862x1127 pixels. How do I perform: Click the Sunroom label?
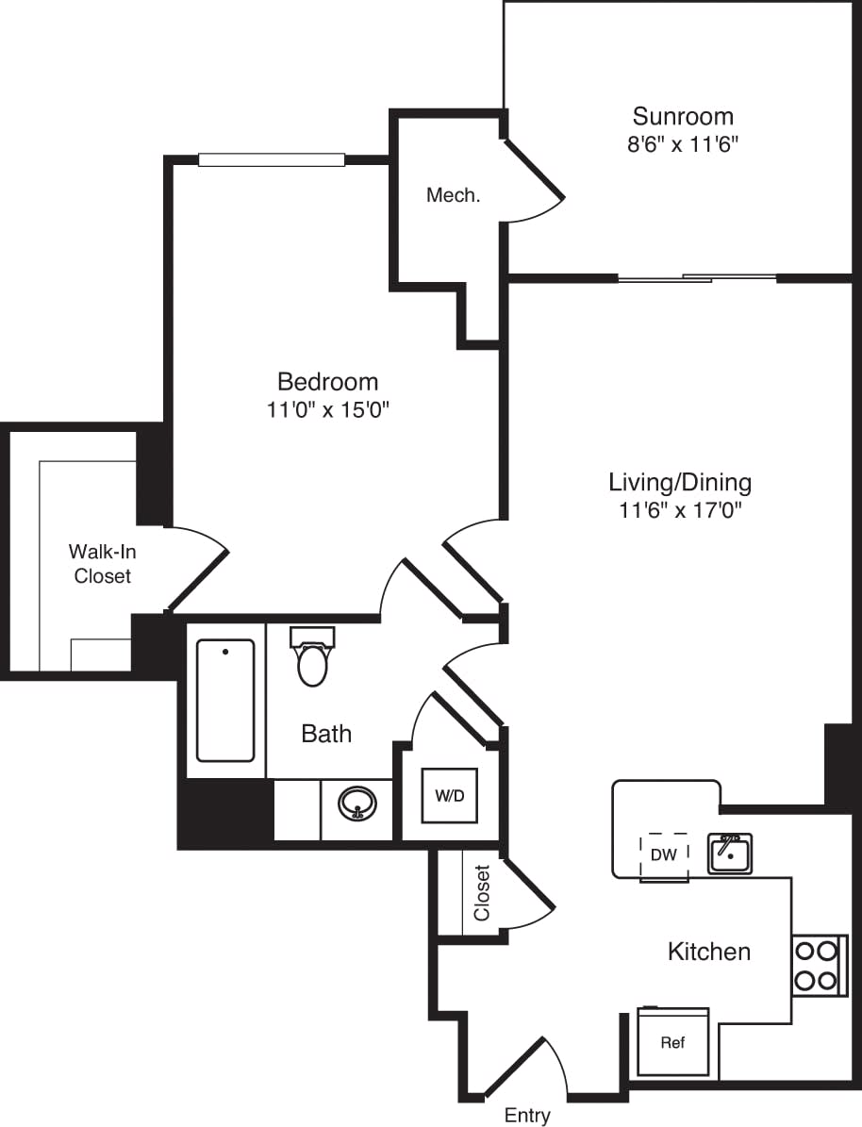click(x=683, y=117)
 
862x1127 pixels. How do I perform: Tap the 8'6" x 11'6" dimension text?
click(x=683, y=145)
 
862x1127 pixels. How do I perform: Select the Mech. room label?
click(x=454, y=196)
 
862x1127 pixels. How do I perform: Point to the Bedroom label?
click(x=327, y=382)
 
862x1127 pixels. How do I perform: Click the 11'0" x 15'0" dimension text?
click(x=327, y=410)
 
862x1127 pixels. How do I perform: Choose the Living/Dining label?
click(x=679, y=483)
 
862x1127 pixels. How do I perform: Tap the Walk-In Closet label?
click(x=103, y=564)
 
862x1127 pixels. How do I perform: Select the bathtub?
click(x=225, y=700)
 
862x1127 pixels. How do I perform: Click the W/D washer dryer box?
click(x=450, y=796)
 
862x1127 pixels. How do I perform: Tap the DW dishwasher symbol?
click(x=664, y=855)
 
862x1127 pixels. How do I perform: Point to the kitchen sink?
click(x=730, y=854)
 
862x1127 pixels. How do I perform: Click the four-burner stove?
click(x=816, y=965)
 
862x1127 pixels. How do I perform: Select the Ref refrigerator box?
click(x=672, y=1042)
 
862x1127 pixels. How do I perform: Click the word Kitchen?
click(x=709, y=952)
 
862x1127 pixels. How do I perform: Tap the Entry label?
click(x=527, y=1116)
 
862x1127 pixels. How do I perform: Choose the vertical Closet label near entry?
click(x=482, y=893)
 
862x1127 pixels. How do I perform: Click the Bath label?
click(x=326, y=733)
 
